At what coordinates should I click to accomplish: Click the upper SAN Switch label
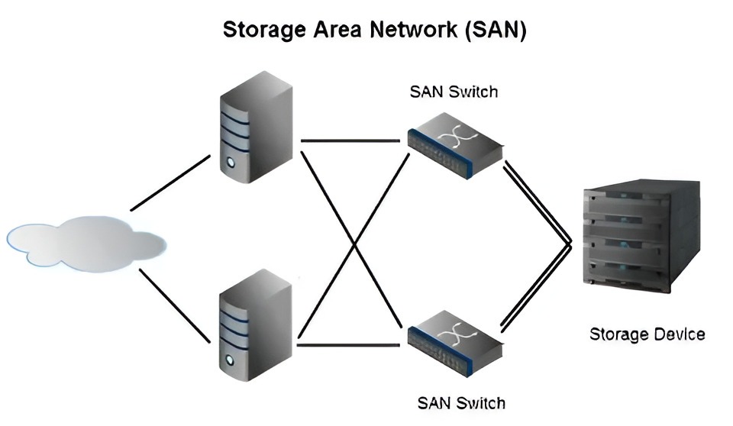[x=454, y=92]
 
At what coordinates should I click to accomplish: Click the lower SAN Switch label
[x=461, y=402]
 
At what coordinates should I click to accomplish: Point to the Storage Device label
[x=647, y=334]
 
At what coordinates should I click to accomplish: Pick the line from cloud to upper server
[x=170, y=182]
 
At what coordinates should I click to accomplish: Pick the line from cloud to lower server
[x=174, y=304]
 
